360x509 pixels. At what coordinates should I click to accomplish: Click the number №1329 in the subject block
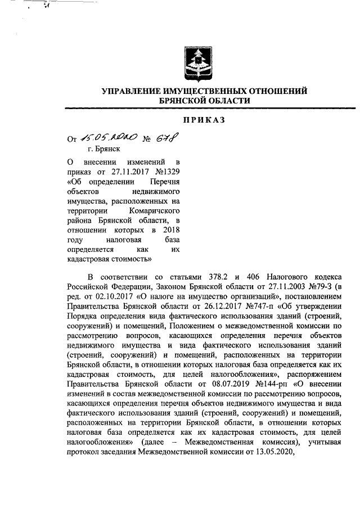coord(170,172)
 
